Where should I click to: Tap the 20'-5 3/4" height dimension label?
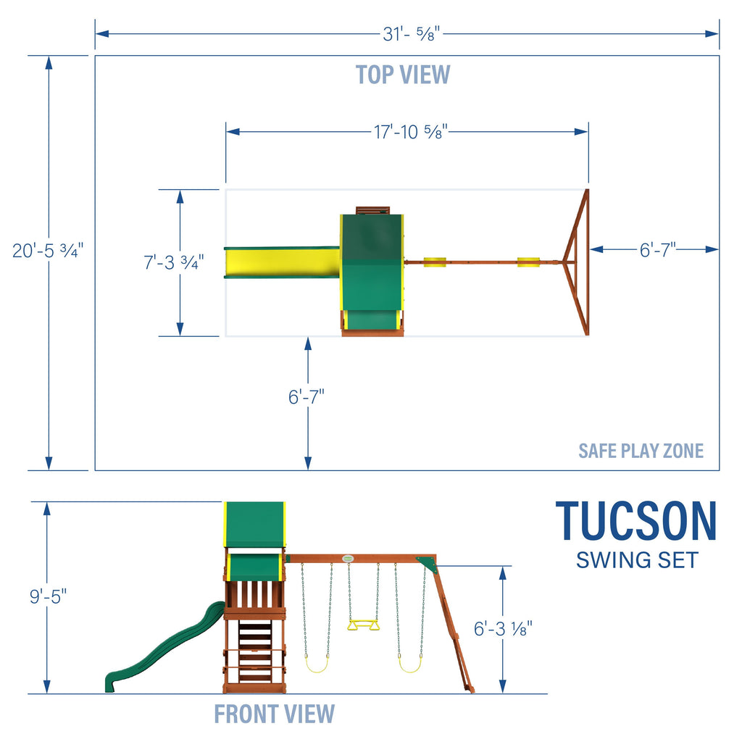(x=49, y=251)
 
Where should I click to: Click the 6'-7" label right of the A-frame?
(x=656, y=249)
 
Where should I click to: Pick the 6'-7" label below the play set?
(x=307, y=397)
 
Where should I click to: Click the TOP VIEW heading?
(x=403, y=75)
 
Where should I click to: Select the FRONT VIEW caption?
(x=274, y=714)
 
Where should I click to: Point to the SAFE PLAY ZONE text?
(x=641, y=451)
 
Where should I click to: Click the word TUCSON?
(x=636, y=522)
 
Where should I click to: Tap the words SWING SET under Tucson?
(x=637, y=560)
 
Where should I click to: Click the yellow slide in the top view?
(x=282, y=262)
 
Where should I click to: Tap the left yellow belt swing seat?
(x=316, y=665)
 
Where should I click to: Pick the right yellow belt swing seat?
(x=410, y=665)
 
